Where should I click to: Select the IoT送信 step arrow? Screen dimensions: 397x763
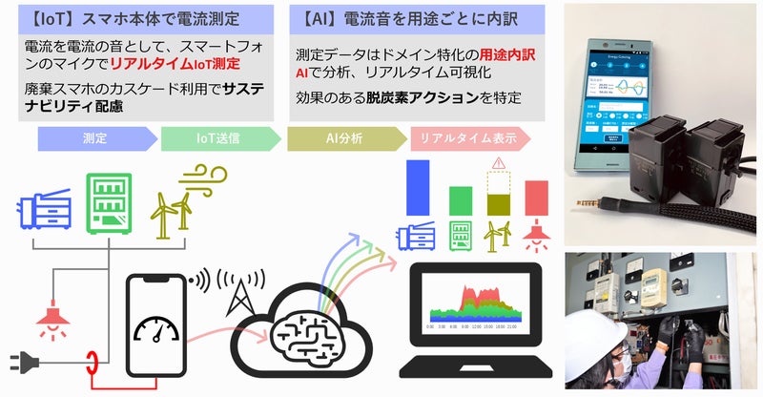(220, 139)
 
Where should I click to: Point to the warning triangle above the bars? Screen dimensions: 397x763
(497, 162)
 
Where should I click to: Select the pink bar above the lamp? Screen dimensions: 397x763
(537, 198)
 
